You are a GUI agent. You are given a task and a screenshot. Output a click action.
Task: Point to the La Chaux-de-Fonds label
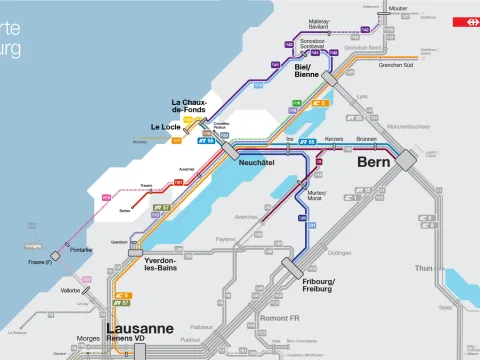pos(189,106)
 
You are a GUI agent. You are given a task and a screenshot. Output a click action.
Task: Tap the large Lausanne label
pos(140,328)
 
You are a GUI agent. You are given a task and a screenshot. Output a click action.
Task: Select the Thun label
pos(424,268)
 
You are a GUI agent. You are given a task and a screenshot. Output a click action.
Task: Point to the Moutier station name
pos(398,9)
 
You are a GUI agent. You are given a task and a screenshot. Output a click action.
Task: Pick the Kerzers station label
pos(335,138)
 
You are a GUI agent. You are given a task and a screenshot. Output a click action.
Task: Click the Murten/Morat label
pos(317,196)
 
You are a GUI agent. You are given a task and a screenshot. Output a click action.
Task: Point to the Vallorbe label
pos(71,291)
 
